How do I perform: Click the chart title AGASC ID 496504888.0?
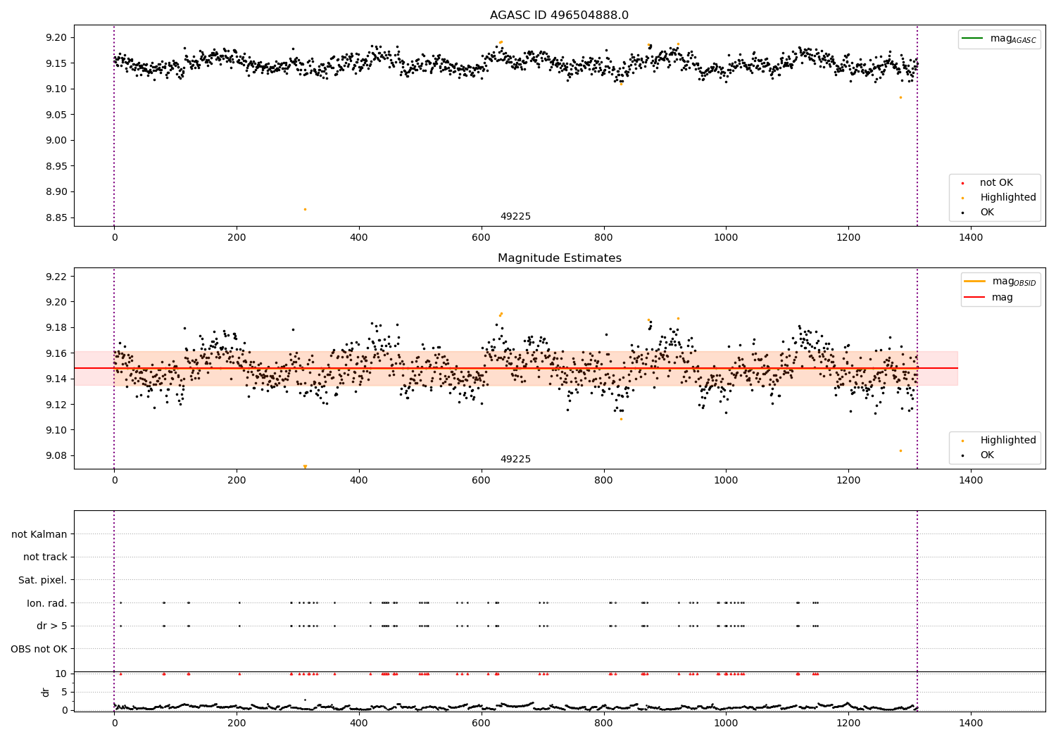(559, 15)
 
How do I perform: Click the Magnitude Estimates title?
(559, 258)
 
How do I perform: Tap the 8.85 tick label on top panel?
(56, 217)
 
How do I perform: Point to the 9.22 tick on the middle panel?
(56, 277)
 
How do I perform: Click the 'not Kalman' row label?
(39, 534)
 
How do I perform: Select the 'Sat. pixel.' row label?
(42, 580)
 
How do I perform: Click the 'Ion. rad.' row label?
(46, 603)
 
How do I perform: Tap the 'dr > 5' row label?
(51, 626)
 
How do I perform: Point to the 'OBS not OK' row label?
(39, 649)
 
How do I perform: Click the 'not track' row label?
(45, 557)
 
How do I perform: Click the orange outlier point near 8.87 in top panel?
(305, 209)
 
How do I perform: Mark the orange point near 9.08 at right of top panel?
(900, 97)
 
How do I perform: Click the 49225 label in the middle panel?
(515, 460)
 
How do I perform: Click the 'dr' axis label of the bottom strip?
(46, 692)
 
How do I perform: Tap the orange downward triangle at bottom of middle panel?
(305, 467)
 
